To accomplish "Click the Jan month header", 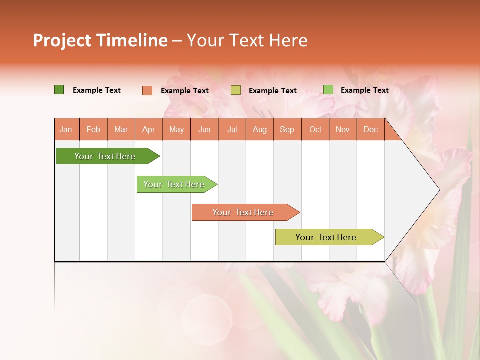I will [66, 129].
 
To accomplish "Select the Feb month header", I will [93, 129].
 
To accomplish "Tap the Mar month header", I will [121, 129].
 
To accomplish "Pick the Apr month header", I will [148, 129].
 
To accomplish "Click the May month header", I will [176, 129].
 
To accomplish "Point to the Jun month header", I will [204, 129].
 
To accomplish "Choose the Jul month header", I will [232, 129].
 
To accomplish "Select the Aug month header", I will [260, 129].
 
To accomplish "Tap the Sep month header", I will [287, 129].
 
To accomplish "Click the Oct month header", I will [315, 129].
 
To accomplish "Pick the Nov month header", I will [343, 129].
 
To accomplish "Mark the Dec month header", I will [370, 129].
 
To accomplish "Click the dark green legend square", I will [59, 90].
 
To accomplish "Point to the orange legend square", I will [147, 90].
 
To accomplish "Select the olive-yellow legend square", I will [236, 90].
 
